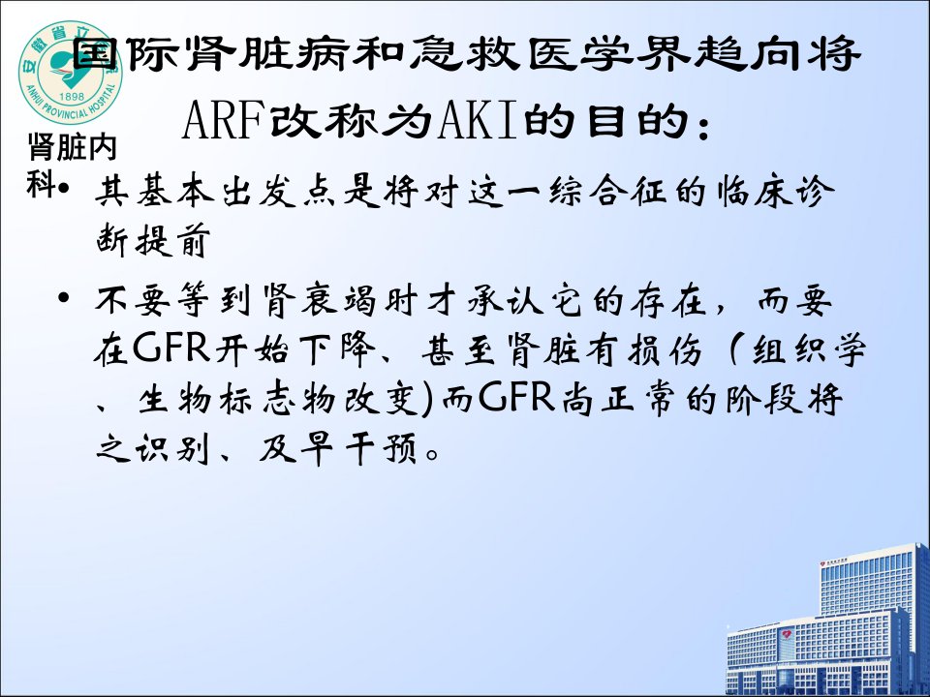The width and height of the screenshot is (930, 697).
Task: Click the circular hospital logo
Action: coord(71,73)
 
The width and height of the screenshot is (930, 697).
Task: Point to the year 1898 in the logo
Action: coord(71,96)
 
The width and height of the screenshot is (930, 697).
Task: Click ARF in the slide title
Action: coord(224,121)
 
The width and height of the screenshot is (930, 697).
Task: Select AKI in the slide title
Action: coord(478,121)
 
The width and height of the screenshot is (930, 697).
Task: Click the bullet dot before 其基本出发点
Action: coord(64,189)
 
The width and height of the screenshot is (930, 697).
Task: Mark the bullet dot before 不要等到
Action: coord(64,296)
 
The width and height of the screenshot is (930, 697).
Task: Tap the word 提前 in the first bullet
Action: coord(172,240)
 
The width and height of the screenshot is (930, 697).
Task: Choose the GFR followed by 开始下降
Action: coord(171,348)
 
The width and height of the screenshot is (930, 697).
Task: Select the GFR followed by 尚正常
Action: coord(516,397)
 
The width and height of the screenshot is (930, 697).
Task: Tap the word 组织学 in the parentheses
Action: coord(809,349)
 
